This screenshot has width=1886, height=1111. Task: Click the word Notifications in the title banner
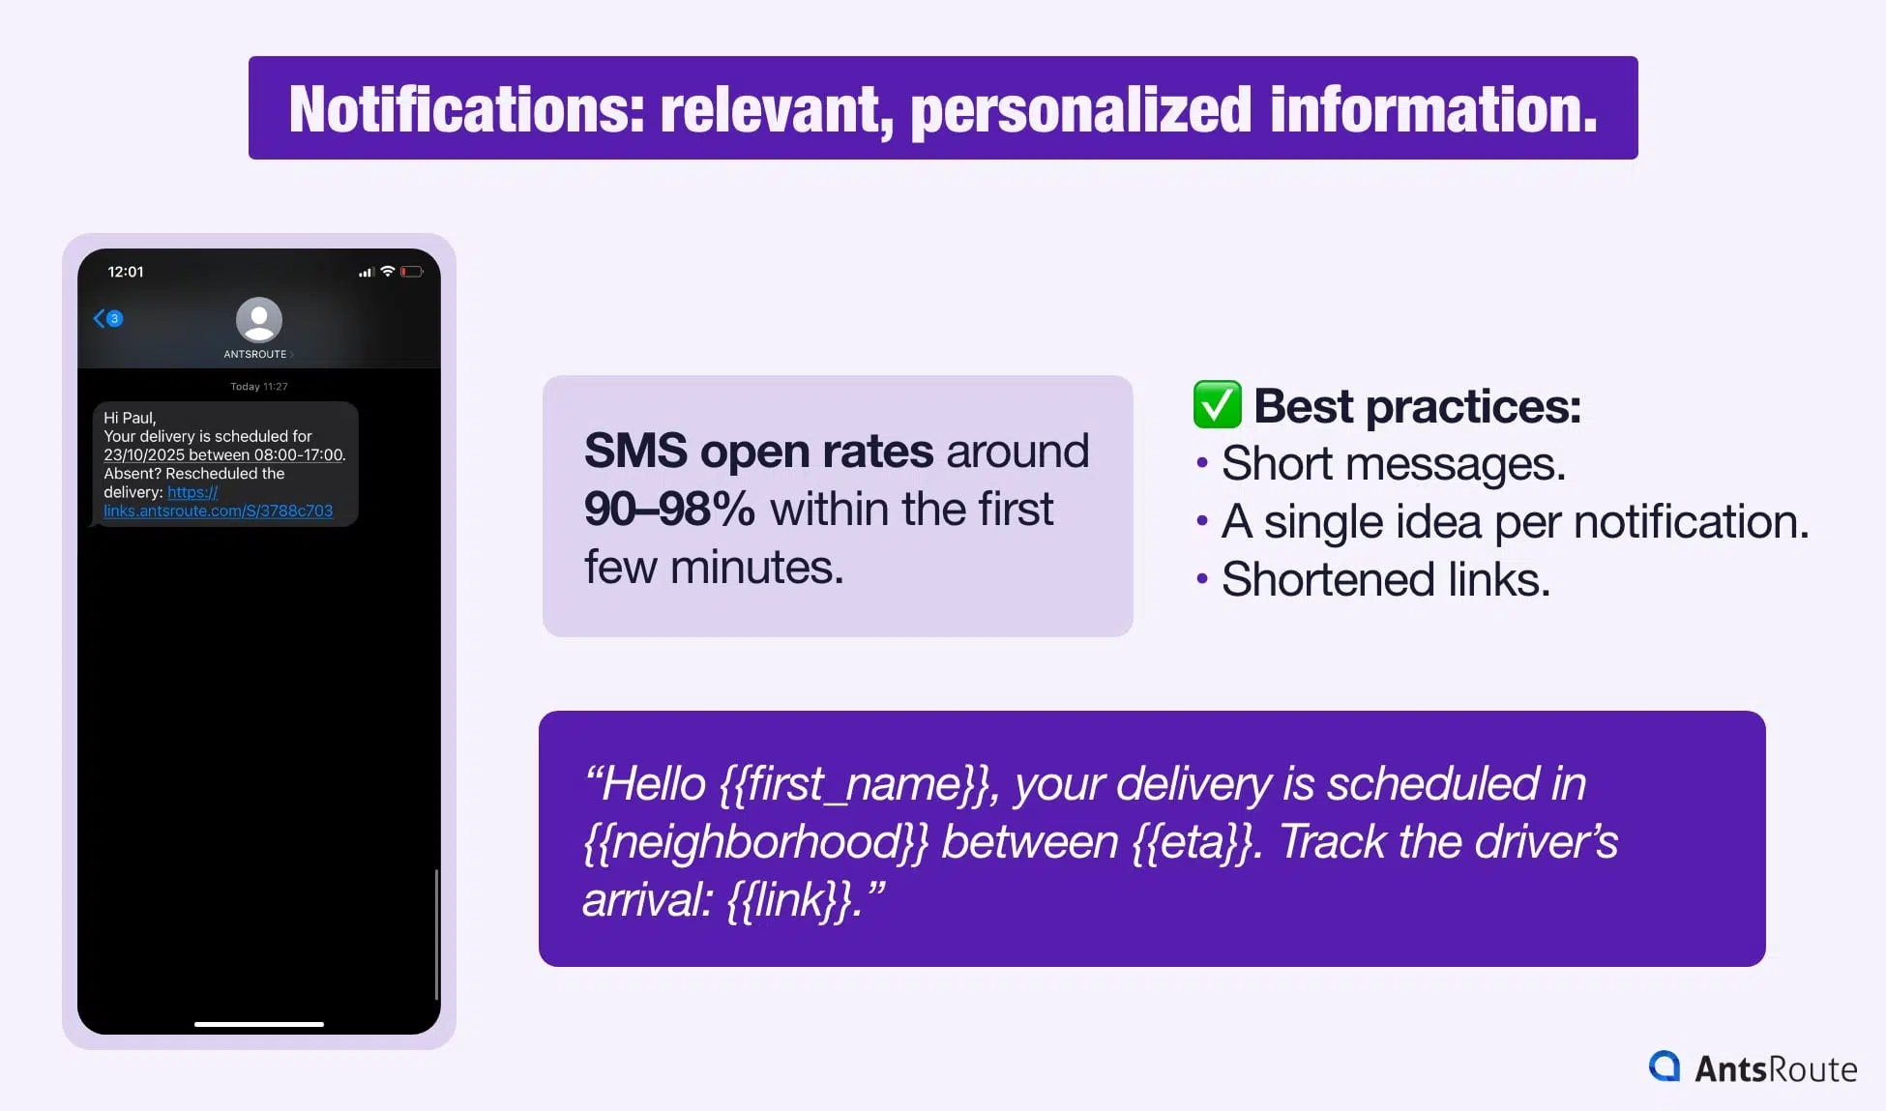coord(467,109)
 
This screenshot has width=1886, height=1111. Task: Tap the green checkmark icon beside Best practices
coord(1217,404)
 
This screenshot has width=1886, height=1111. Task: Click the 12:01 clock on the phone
coord(126,272)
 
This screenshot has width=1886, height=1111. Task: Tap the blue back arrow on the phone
coord(99,318)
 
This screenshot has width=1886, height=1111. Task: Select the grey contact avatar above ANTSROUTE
coord(259,320)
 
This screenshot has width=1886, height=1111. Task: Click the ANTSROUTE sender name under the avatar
coord(255,354)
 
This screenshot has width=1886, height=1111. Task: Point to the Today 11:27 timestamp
coord(259,387)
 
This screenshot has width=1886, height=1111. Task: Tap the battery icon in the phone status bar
coord(412,272)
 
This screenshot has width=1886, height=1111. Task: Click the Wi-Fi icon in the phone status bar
coord(388,272)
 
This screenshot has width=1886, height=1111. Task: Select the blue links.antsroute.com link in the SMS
coord(219,511)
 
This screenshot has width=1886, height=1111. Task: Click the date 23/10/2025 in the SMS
coord(144,454)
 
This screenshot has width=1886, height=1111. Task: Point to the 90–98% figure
coord(669,509)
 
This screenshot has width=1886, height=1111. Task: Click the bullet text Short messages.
coord(1394,464)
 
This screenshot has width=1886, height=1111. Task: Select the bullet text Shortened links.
coord(1386,580)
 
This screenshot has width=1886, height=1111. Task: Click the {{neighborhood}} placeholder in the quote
coord(755,842)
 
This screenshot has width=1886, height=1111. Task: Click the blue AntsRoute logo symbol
coord(1665,1067)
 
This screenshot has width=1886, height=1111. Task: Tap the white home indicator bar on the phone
coord(259,1024)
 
